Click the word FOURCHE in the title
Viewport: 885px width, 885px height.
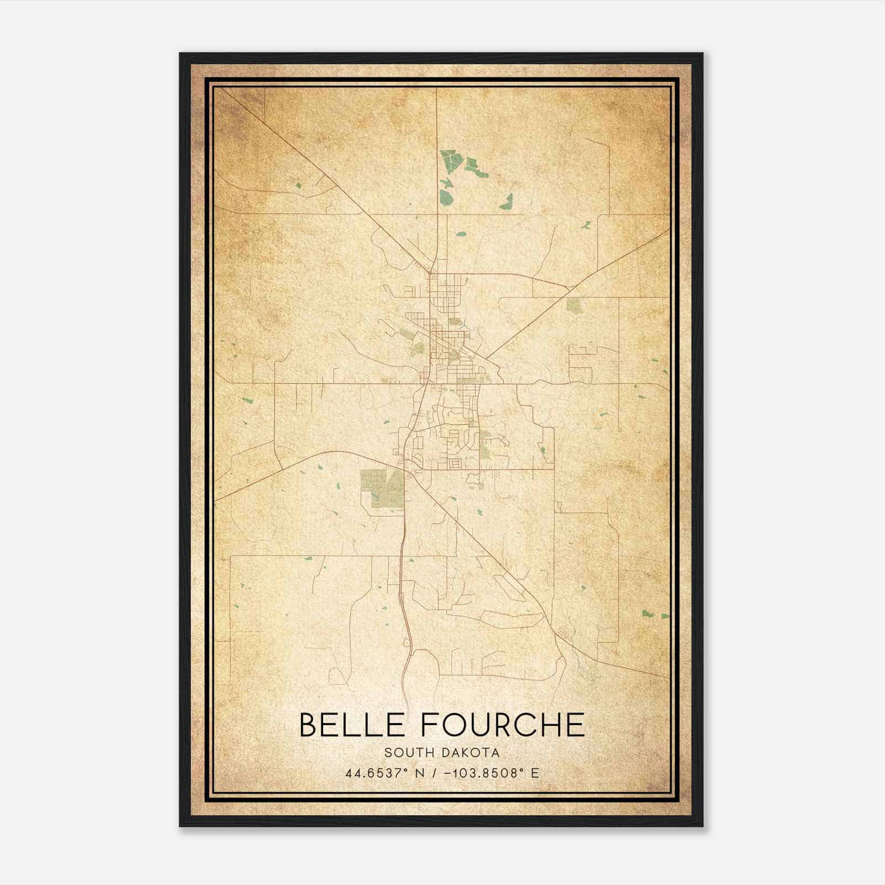point(502,725)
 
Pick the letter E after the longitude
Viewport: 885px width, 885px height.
point(534,773)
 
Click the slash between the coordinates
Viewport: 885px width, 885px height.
point(433,773)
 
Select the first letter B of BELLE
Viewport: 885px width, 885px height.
point(309,725)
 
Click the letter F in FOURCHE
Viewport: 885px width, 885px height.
point(430,725)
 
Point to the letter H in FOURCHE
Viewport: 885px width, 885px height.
point(549,725)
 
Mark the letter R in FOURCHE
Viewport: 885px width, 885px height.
point(501,725)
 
